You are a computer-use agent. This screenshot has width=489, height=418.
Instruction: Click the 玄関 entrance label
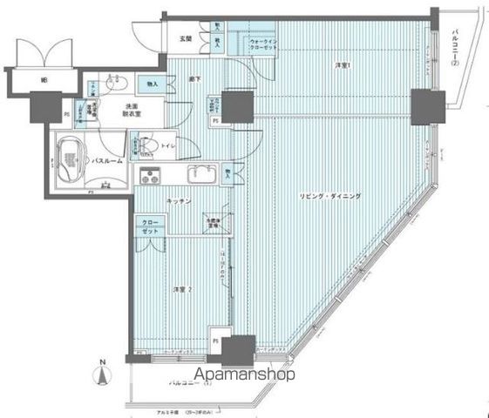186,38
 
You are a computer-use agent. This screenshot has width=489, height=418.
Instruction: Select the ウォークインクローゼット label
262,45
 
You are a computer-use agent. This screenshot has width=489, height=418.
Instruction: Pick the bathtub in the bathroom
68,159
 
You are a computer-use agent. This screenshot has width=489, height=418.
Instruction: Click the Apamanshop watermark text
245,374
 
